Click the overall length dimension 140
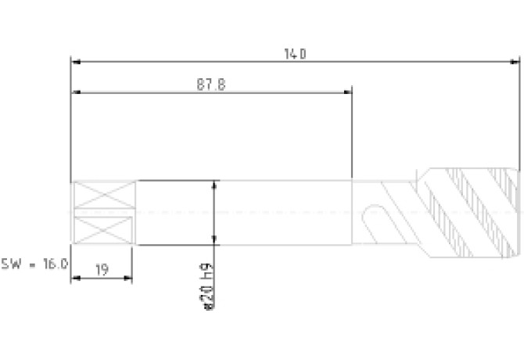(295, 54)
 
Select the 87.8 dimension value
(211, 85)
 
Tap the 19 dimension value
(102, 269)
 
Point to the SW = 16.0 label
(34, 264)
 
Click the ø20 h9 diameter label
(208, 286)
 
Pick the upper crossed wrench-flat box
(104, 195)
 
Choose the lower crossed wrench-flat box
(103, 230)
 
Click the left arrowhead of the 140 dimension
(77, 62)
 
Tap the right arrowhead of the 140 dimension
(515, 62)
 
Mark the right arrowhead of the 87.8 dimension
(347, 92)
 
